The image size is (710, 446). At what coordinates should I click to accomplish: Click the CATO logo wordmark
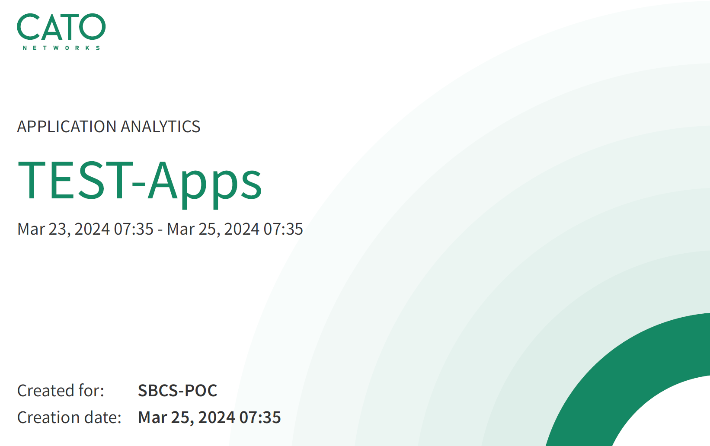[x=61, y=27]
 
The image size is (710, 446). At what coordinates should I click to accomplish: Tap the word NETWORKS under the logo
[x=61, y=48]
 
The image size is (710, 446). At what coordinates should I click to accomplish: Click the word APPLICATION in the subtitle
[x=67, y=127]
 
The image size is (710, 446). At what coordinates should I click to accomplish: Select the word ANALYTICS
[x=160, y=127]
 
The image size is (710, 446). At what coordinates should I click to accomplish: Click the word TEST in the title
[x=75, y=180]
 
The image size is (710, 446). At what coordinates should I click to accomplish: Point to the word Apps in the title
[x=205, y=184]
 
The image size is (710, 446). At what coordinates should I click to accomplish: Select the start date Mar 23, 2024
[x=64, y=229]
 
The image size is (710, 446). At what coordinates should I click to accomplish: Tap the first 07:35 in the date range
[x=134, y=229]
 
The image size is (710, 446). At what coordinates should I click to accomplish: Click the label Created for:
[x=61, y=390]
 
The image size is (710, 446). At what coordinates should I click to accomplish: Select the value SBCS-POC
[x=177, y=390]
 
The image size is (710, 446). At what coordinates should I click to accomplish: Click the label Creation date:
[x=70, y=417]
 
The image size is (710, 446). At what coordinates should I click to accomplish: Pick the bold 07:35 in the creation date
[x=260, y=417]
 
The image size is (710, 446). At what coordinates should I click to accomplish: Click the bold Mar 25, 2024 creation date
[x=187, y=417]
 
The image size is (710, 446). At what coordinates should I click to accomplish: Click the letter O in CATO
[x=92, y=27]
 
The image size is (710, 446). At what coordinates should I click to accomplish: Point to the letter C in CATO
[x=29, y=27]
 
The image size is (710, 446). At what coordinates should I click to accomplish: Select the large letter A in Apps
[x=163, y=180]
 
